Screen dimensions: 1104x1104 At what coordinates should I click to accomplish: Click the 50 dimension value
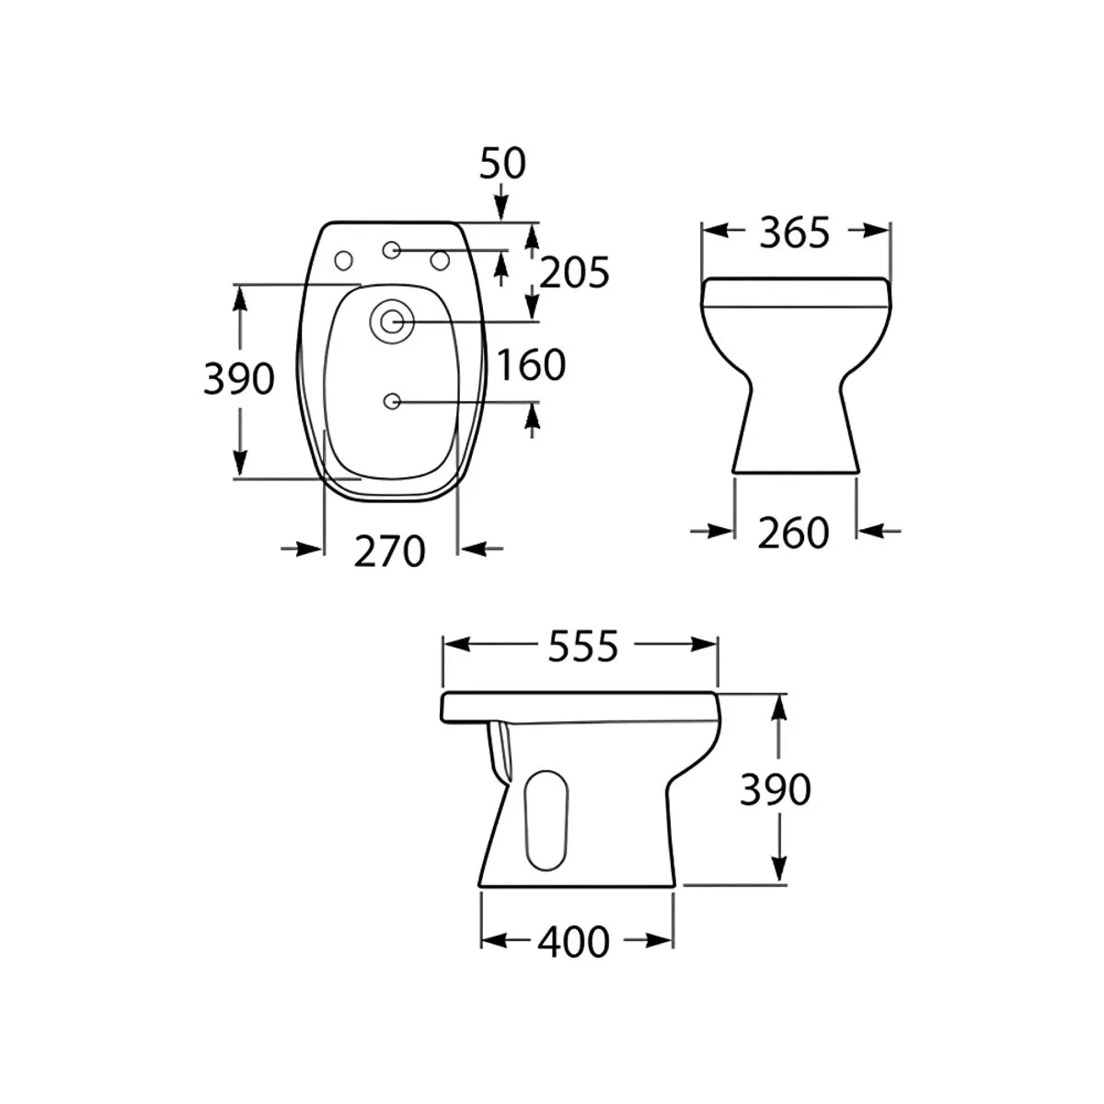click(x=502, y=163)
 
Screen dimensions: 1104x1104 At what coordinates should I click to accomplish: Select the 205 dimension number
click(x=574, y=272)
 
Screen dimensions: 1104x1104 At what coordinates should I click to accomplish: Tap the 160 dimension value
click(x=531, y=365)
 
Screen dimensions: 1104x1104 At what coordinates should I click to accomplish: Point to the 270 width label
click(x=391, y=551)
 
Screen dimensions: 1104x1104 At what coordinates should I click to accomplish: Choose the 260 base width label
click(x=793, y=533)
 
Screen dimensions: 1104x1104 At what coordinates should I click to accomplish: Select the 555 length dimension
click(x=582, y=648)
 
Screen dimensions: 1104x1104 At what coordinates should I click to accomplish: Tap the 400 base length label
click(x=573, y=941)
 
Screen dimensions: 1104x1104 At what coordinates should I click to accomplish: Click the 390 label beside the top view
click(x=238, y=379)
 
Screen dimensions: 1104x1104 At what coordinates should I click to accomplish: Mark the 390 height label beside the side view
click(x=776, y=789)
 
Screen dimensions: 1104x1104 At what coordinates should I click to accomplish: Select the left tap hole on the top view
click(x=346, y=260)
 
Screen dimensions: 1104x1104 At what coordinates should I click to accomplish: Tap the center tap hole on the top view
click(x=392, y=249)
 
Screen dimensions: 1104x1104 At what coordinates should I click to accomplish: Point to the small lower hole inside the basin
click(x=392, y=401)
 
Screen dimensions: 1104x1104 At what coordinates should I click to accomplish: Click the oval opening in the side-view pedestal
click(x=545, y=819)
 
